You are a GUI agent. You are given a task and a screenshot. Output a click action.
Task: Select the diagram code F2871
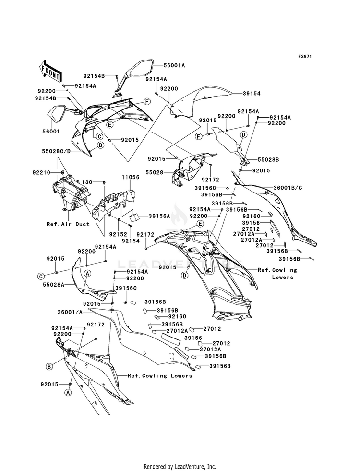[x=305, y=56]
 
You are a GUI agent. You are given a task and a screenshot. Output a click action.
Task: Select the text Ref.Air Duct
[x=68, y=224]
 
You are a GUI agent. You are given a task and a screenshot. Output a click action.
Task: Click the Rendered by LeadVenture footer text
[x=180, y=466]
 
